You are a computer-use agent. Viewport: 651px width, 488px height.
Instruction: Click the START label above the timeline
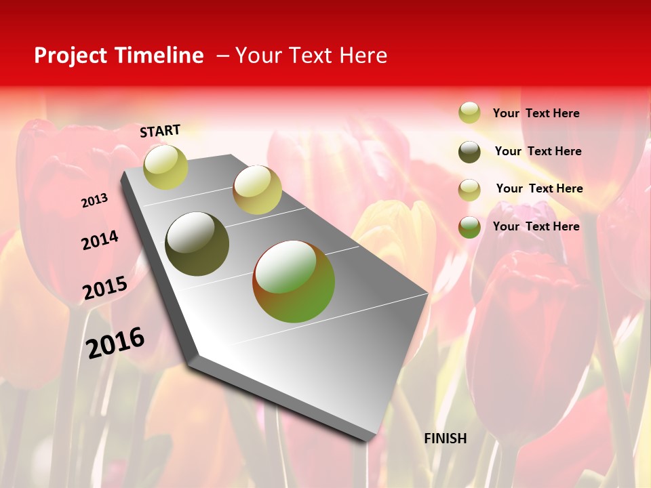[160, 131]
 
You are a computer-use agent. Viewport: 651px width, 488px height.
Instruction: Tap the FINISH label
[445, 439]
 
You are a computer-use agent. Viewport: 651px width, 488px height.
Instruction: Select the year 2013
[94, 201]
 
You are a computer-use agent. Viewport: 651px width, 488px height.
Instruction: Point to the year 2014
[100, 240]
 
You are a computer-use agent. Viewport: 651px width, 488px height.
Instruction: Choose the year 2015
[105, 287]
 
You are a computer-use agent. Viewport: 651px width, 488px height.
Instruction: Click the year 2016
[116, 342]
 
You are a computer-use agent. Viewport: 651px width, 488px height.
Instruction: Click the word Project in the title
[71, 56]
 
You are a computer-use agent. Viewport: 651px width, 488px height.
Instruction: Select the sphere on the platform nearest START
[165, 167]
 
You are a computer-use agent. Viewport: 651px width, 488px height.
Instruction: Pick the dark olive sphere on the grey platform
[197, 244]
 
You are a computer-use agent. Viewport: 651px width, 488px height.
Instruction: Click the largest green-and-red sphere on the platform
[294, 281]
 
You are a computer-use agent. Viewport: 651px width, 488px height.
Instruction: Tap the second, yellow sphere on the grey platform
[257, 190]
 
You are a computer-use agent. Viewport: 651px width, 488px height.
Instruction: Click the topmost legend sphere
[469, 113]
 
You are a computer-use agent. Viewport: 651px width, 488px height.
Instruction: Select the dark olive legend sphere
[469, 152]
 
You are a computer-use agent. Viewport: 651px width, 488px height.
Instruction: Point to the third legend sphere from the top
[469, 190]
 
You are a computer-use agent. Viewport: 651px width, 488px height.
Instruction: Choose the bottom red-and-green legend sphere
[469, 227]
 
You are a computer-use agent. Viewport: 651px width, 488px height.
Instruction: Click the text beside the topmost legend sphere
[536, 114]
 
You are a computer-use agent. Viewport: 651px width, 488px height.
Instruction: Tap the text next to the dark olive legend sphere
[538, 151]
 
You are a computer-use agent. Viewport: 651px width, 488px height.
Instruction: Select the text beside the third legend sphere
[539, 188]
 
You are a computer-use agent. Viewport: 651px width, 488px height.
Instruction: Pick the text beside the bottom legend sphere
[536, 226]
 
